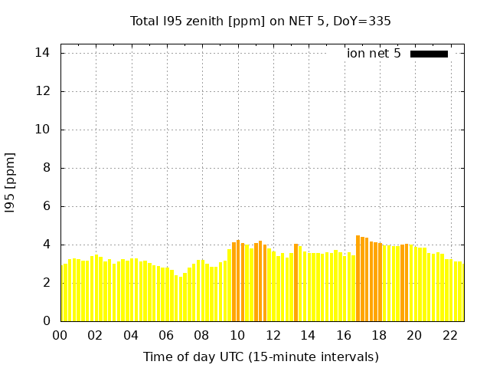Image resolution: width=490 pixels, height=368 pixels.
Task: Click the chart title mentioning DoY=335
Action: pos(260,21)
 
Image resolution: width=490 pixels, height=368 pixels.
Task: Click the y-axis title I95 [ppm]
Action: pos(10,183)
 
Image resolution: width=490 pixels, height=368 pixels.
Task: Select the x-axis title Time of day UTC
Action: pos(260,356)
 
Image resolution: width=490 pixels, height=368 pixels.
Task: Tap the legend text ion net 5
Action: pos(374,54)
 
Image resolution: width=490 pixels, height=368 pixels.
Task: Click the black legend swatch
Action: pos(429,54)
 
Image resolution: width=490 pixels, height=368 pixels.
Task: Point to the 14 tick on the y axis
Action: pos(43,53)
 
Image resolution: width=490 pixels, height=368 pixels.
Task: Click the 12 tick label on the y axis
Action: pos(43,91)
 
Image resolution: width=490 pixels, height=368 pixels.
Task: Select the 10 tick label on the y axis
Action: pos(43,130)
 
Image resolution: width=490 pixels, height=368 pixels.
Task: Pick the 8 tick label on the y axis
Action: pos(46,168)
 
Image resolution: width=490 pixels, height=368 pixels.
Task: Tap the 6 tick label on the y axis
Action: pos(46,206)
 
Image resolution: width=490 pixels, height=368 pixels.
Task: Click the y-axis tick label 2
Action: pos(46,283)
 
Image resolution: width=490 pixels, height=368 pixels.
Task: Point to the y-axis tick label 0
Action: pos(46,321)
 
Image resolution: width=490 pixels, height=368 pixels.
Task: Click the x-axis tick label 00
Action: pos(60,335)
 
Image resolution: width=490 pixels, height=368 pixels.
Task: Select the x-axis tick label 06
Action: pos(166,335)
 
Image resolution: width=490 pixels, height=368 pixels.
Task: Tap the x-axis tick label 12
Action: pos(273,335)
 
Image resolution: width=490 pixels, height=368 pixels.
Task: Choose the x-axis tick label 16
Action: pos(343,335)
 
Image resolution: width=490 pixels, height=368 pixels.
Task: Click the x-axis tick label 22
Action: pos(449,335)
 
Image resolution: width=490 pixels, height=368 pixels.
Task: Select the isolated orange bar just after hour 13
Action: pos(296,283)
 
